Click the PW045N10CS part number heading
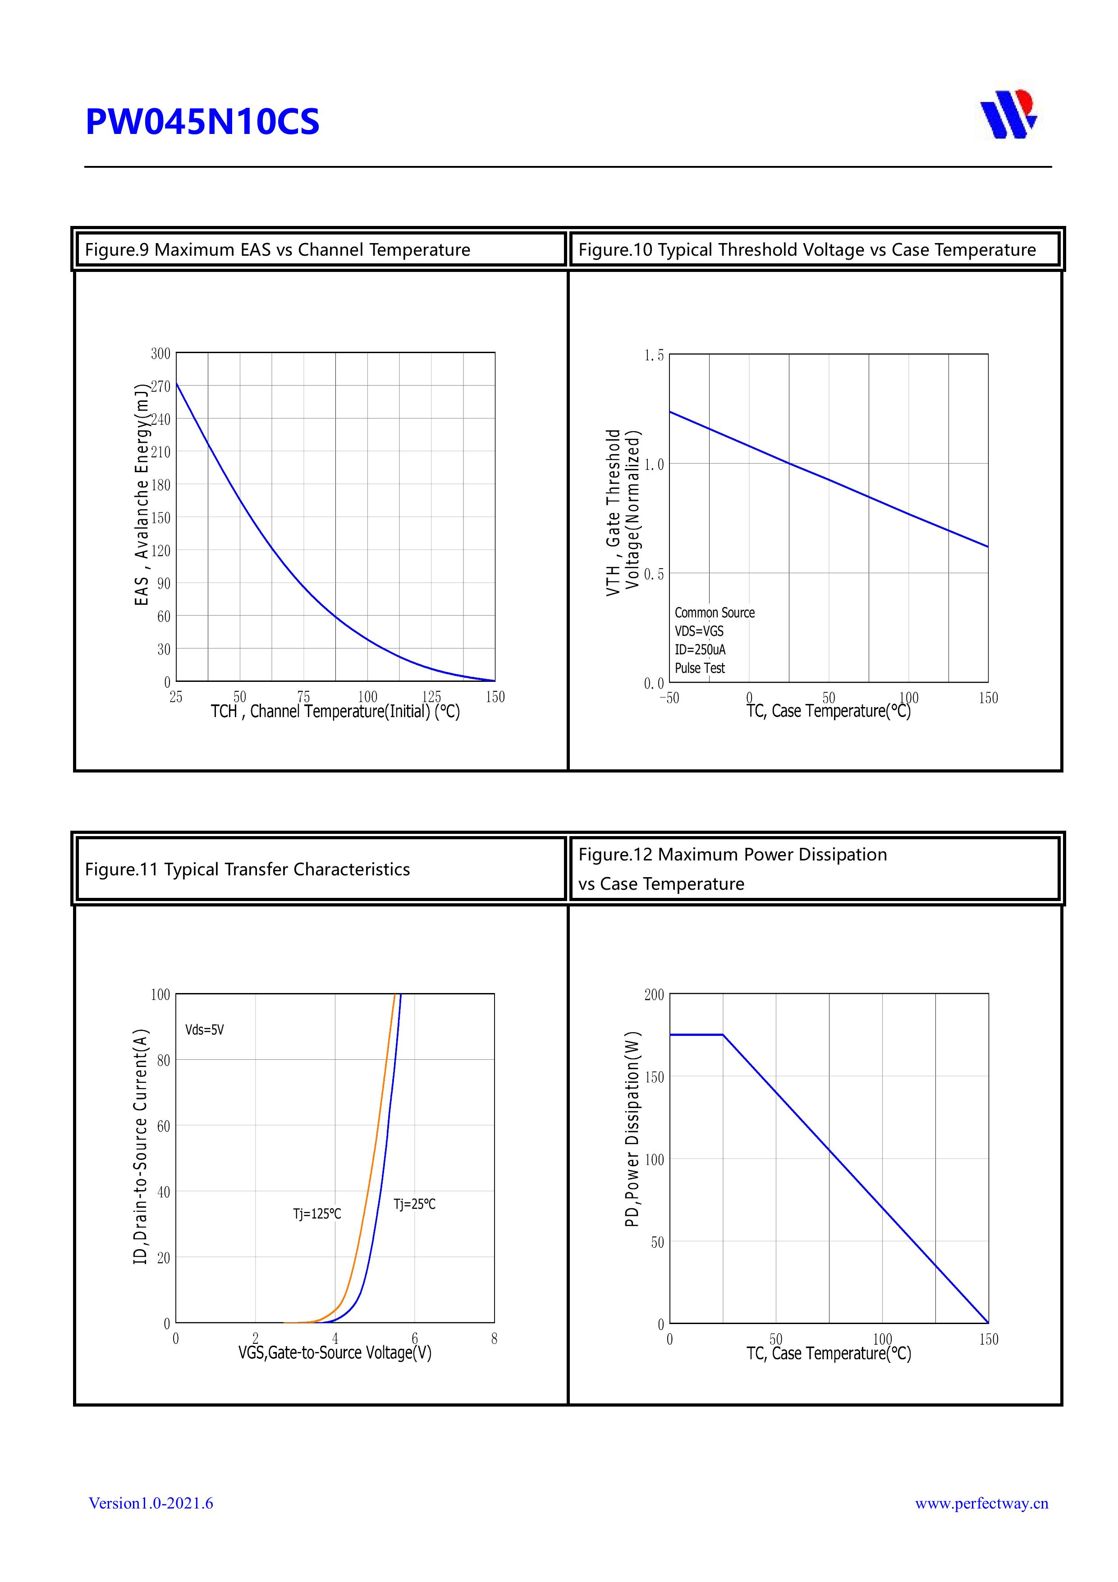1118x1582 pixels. (202, 122)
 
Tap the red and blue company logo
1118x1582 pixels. (1008, 114)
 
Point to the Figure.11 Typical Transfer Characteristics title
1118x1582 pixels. (247, 869)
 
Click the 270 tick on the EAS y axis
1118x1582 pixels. (160, 386)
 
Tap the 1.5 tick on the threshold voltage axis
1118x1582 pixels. (654, 355)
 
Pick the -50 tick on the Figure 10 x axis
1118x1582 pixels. (669, 698)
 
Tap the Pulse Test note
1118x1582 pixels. (700, 668)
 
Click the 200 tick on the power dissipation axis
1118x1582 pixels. (654, 995)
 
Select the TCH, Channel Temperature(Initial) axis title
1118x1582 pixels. (335, 712)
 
